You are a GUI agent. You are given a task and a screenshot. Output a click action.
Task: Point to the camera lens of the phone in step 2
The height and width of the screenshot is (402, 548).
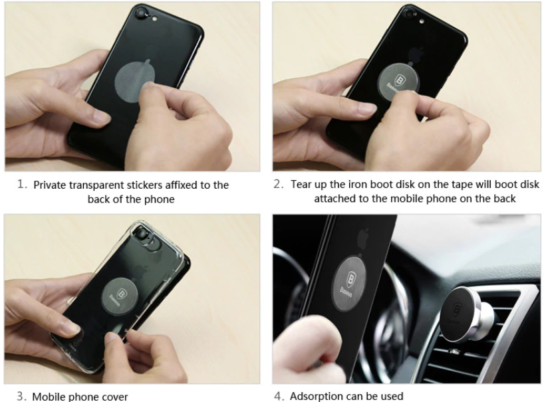click(x=408, y=14)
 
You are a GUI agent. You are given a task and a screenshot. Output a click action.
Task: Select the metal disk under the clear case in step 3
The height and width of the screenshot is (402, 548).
click(x=120, y=296)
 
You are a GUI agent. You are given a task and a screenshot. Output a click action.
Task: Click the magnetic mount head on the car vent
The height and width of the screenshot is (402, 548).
click(x=461, y=314)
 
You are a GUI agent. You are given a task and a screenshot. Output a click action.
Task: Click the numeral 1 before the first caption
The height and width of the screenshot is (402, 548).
click(x=22, y=183)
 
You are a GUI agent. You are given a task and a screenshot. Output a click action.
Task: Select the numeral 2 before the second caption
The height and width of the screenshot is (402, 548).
click(x=279, y=183)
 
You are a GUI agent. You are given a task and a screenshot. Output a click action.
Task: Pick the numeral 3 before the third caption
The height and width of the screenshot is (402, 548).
click(x=21, y=396)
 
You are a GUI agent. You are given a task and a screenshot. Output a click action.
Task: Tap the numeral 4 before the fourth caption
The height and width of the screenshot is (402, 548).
click(x=279, y=396)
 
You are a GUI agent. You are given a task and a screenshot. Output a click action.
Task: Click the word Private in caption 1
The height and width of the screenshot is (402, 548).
click(x=50, y=185)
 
